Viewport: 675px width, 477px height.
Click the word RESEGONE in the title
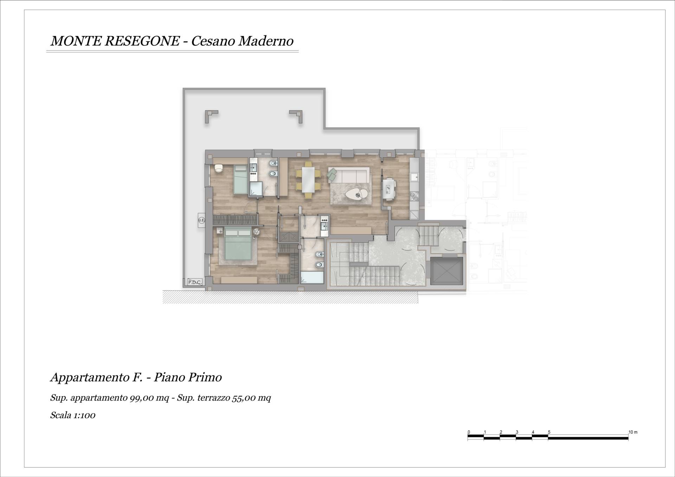click(142, 41)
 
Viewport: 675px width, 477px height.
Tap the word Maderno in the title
click(266, 41)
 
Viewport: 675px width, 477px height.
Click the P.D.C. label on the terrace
click(194, 282)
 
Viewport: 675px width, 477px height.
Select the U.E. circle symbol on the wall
click(201, 220)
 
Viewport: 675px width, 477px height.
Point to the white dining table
click(308, 179)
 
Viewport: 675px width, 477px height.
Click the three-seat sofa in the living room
click(349, 175)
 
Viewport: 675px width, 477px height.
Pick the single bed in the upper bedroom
click(241, 179)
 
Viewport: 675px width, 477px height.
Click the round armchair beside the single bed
click(219, 168)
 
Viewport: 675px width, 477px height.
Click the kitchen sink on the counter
click(414, 177)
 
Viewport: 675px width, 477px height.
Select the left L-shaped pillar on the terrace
click(211, 117)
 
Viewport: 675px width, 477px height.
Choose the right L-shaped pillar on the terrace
click(296, 117)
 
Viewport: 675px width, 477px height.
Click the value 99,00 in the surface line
click(140, 398)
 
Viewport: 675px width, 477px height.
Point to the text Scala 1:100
click(73, 415)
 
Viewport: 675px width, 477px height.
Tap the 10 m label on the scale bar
click(633, 432)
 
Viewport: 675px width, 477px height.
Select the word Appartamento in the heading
click(90, 378)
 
